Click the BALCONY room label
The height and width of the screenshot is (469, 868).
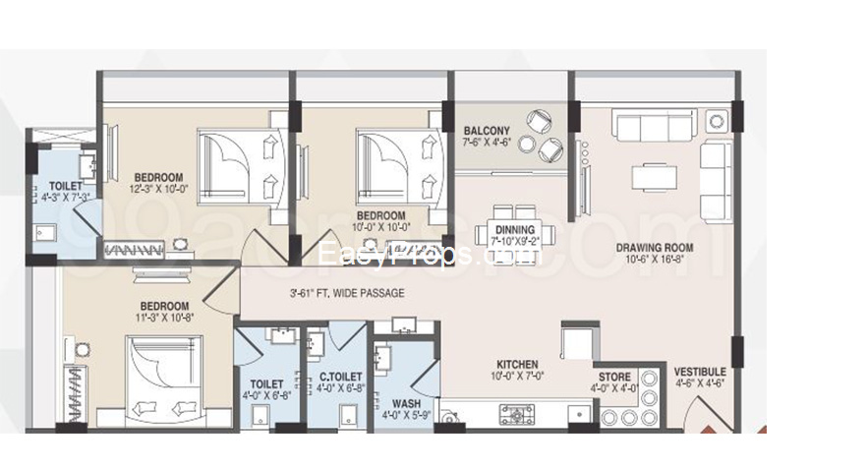[x=487, y=131]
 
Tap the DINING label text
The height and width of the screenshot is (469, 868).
[x=516, y=228]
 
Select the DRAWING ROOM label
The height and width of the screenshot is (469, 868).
[x=655, y=248]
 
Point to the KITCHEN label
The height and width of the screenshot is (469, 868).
[x=516, y=364]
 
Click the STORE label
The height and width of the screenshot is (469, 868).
[x=615, y=376]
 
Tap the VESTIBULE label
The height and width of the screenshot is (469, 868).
[x=700, y=372]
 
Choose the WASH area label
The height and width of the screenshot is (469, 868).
[x=406, y=403]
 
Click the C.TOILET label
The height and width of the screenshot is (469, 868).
[x=341, y=377]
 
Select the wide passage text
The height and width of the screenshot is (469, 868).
[x=347, y=293]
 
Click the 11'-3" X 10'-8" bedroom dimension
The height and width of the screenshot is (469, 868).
[x=164, y=318]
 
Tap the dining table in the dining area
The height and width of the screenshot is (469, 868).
[x=515, y=231]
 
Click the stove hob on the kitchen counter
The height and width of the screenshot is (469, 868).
[x=516, y=415]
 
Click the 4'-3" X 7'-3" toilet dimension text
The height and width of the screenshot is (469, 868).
[x=65, y=198]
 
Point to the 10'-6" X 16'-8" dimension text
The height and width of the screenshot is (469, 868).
[x=655, y=260]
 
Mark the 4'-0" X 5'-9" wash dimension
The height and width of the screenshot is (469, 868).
[x=406, y=416]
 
